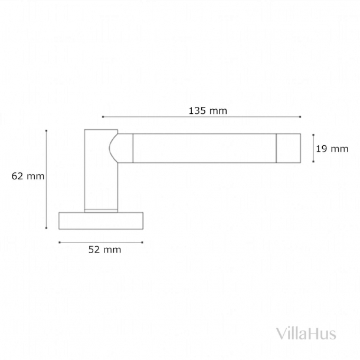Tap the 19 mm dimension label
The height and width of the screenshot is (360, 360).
pos(332,149)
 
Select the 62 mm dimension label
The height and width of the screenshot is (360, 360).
pos(28,175)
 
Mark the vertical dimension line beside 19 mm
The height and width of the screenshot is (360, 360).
pos(312,148)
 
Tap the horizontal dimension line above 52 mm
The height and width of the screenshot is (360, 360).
pos(100,242)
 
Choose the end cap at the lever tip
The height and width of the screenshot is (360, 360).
pos(289,148)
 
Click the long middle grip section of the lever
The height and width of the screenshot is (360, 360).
pos(204,148)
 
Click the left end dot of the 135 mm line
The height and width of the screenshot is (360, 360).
pos(103,117)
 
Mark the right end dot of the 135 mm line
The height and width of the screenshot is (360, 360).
pos(300,117)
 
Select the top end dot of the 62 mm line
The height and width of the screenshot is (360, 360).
pos(47,130)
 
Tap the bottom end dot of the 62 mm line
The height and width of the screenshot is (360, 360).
pos(47,228)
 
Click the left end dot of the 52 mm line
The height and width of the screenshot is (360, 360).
pos(59,242)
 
